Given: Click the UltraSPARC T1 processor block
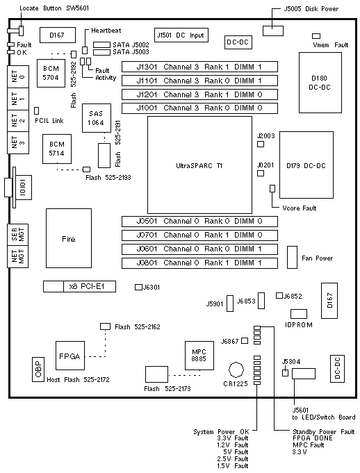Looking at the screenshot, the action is coord(199,165).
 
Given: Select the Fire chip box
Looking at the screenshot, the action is coord(69,238).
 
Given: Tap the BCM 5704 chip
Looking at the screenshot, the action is coord(51,73).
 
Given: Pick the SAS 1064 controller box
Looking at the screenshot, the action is coord(97,118).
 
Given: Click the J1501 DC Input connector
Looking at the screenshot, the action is coord(181,35).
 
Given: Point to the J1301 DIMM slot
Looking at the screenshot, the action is coord(199,67).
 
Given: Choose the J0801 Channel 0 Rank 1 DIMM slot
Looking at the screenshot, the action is coord(199,263).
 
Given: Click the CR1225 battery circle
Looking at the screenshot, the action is coord(236,370).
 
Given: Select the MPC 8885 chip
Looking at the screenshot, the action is coord(199,356).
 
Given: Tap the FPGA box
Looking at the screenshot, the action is coord(70,356).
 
